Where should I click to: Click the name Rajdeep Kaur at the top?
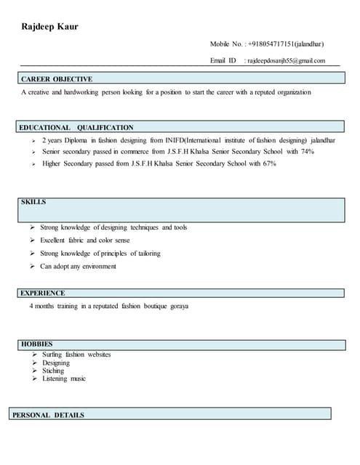coord(49,27)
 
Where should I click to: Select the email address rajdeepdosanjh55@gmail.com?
coord(286,61)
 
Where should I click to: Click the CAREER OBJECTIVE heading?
coord(57,78)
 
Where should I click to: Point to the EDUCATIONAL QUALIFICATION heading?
coord(77,127)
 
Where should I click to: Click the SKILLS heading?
coord(33,202)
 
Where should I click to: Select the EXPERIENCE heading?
coord(43,293)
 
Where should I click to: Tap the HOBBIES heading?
coord(36,344)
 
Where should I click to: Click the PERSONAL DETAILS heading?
coord(48,415)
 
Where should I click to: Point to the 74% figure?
coord(307,152)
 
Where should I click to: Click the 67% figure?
coord(269,164)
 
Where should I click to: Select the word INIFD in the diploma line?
coord(175,139)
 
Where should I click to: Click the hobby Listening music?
coord(64,379)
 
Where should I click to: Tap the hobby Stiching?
coord(53,371)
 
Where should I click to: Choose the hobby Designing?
coord(56,363)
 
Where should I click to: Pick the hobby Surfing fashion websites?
coord(76,355)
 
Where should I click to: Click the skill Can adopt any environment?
coord(78,267)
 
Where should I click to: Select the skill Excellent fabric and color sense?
coord(85,240)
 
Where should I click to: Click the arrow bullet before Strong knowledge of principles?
coord(33,254)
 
